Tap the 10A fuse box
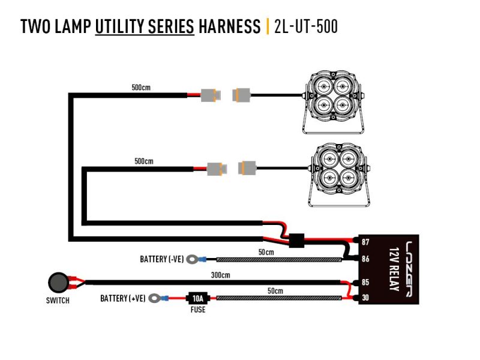pos(197,298)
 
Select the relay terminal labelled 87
pos(365,242)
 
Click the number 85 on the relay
pos(365,282)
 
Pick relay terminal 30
pos(365,298)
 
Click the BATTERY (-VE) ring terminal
pos(193,260)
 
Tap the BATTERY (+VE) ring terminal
pos(156,298)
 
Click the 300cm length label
pos(221,275)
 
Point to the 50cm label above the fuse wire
pos(275,290)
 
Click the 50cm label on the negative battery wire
pos(266,253)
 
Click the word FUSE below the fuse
pos(197,310)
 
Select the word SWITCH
pos(58,301)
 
